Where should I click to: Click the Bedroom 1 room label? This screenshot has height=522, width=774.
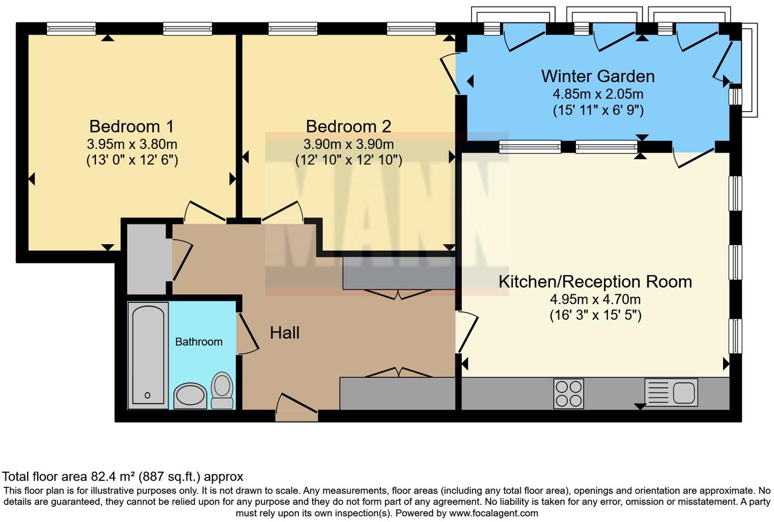(x=131, y=126)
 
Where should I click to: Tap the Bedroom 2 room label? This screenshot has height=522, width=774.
(x=348, y=126)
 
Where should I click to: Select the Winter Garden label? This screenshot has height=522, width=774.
(x=598, y=76)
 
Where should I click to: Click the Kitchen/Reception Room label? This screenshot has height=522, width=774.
(x=595, y=281)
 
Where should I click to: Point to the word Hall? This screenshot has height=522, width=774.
(x=284, y=333)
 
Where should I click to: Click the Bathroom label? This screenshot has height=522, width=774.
(x=199, y=342)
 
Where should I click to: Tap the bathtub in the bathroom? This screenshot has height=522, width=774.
(x=148, y=354)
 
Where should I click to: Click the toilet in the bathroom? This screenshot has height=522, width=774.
(x=222, y=390)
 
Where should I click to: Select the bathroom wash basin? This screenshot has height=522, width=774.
(x=190, y=396)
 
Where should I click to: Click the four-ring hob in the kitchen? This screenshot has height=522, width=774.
(x=569, y=394)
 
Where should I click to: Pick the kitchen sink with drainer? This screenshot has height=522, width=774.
(x=671, y=392)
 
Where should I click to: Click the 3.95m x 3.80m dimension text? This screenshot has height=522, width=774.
(x=132, y=144)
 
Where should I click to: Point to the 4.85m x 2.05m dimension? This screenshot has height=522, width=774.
(x=598, y=94)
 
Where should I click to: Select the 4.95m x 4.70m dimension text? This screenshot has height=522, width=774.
(x=595, y=299)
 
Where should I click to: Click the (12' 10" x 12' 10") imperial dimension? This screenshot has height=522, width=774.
(x=349, y=160)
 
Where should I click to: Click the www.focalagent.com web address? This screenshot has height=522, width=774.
(x=493, y=513)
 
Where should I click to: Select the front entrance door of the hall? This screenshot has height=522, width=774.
(x=296, y=406)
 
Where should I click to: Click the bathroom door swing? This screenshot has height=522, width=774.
(x=248, y=334)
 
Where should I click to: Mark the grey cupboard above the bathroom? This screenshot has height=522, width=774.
(x=147, y=259)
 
